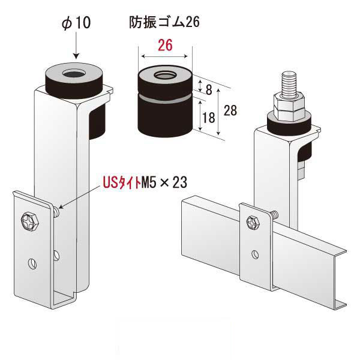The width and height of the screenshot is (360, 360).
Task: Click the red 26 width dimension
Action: click(x=165, y=45)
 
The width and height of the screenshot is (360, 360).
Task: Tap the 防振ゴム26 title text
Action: click(x=164, y=22)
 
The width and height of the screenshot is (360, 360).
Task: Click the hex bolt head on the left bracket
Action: click(x=29, y=221)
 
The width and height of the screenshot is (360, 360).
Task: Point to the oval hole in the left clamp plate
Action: click(x=32, y=262)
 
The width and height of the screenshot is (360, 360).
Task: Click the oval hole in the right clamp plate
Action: click(x=256, y=254)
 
